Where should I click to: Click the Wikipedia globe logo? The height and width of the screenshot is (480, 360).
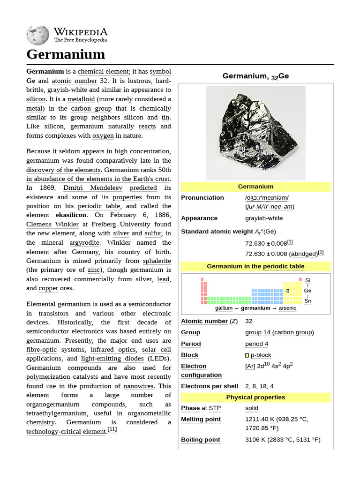pos(38,35)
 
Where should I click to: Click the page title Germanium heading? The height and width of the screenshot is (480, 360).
pos(66,54)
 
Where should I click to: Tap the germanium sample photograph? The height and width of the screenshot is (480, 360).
pos(255,133)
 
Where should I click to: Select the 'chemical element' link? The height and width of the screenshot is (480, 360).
pos(103,72)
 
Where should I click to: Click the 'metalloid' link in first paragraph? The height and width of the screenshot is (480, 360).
pos(81,99)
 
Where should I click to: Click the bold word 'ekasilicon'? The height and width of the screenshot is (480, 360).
pos(71,215)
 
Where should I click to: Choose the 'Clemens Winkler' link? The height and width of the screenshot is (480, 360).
pos(52,225)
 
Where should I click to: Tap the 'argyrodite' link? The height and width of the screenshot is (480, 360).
pos(84,243)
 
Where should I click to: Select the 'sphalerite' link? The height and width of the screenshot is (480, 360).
pos(157,261)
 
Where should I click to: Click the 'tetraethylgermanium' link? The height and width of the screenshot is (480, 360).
pos(57,413)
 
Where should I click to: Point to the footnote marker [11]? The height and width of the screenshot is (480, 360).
pos(112,429)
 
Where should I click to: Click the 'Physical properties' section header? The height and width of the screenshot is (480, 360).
pos(255,397)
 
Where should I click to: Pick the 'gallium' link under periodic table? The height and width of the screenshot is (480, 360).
pos(224,308)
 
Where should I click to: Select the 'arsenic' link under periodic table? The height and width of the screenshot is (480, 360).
pos(287,308)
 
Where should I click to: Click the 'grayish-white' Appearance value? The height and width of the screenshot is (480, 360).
pos(264,218)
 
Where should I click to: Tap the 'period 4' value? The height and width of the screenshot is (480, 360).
pos(257,344)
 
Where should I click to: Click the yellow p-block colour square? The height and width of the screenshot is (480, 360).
pos(247,356)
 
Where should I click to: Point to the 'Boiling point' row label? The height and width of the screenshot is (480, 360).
pos(201,440)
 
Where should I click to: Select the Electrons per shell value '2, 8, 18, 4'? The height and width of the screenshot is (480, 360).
pos(259,386)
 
